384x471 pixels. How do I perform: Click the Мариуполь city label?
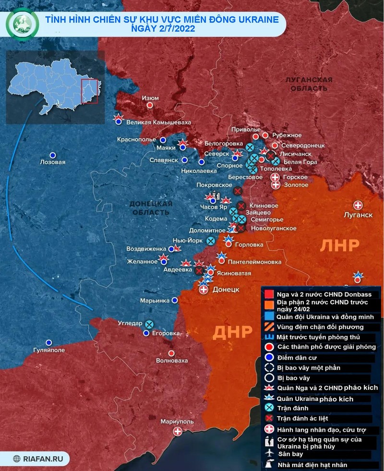click(x=177, y=421)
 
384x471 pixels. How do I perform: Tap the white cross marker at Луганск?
click(x=358, y=205)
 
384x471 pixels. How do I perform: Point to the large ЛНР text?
click(x=339, y=245)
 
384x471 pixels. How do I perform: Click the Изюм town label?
click(x=150, y=98)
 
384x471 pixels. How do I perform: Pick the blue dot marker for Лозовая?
click(x=53, y=155)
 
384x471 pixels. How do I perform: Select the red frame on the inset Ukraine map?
click(x=89, y=91)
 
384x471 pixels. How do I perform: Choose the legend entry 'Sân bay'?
click(x=291, y=454)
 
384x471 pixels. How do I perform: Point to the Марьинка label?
click(x=155, y=300)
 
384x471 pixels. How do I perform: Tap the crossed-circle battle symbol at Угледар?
click(x=149, y=324)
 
